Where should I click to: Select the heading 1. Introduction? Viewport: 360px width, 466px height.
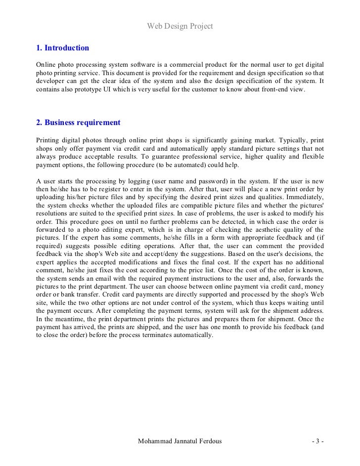tap(63, 48)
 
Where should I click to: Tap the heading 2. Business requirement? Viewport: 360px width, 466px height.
tap(78, 123)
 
